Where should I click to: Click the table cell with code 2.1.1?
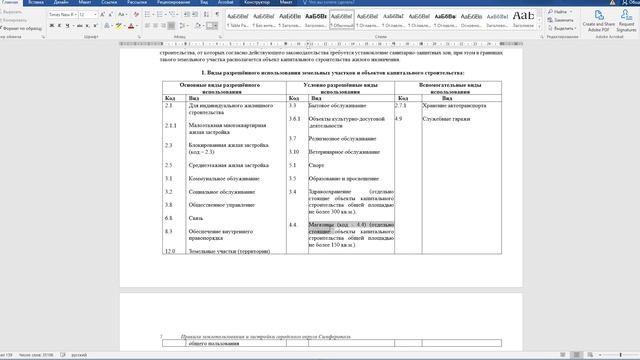pyautogui.click(x=170, y=125)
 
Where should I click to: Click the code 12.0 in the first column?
pyautogui.click(x=169, y=250)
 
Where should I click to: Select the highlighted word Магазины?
pyautogui.click(x=325, y=224)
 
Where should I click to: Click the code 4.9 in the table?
pyautogui.click(x=399, y=119)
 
